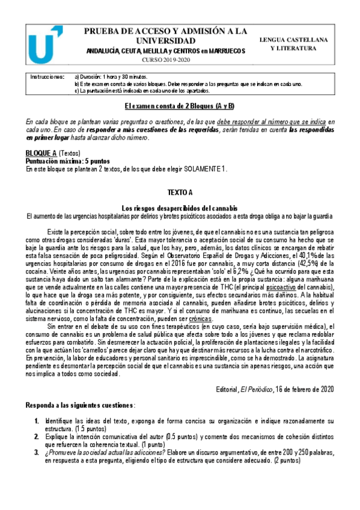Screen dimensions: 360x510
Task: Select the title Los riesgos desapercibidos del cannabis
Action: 180,207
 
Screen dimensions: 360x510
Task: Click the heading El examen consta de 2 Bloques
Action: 180,106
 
